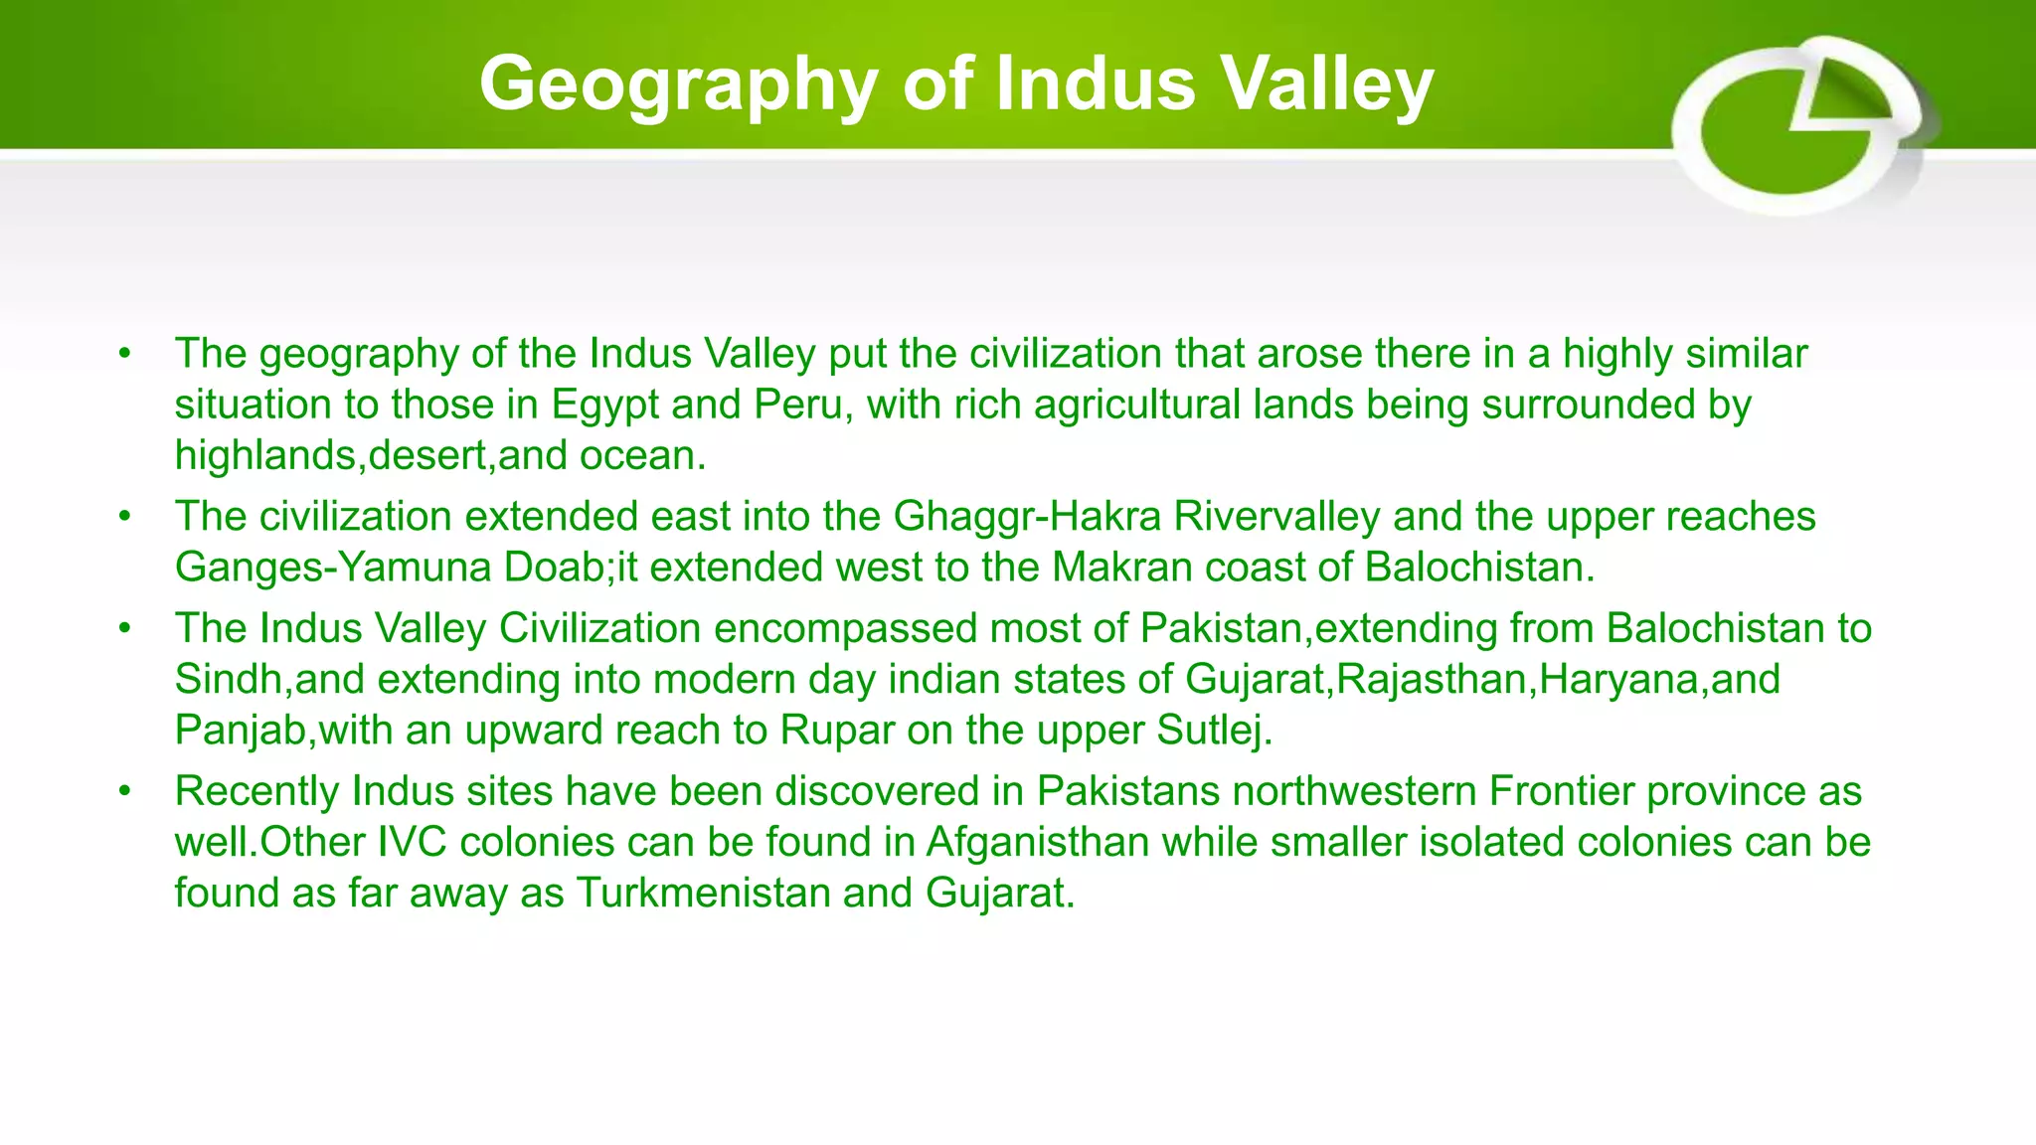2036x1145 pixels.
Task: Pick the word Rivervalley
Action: click(x=1276, y=517)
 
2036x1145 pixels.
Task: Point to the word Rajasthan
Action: click(x=1431, y=680)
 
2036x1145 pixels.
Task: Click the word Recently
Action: click(x=257, y=791)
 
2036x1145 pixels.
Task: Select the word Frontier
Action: click(x=1562, y=791)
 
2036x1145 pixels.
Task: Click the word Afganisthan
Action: click(x=1037, y=842)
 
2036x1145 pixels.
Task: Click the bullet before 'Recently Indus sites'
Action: click(x=124, y=791)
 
